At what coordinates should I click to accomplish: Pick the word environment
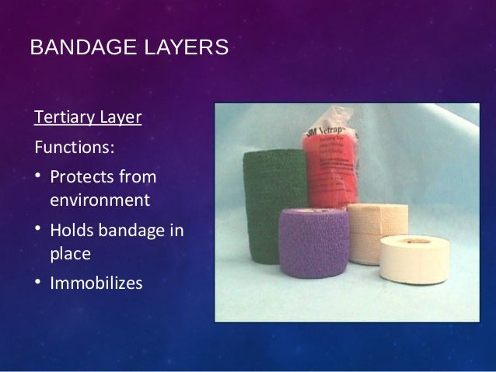[99, 200]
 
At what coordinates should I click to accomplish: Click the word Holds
[72, 231]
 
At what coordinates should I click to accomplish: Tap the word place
[70, 254]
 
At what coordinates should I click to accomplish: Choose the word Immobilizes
[96, 283]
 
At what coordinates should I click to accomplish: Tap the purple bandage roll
[313, 241]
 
